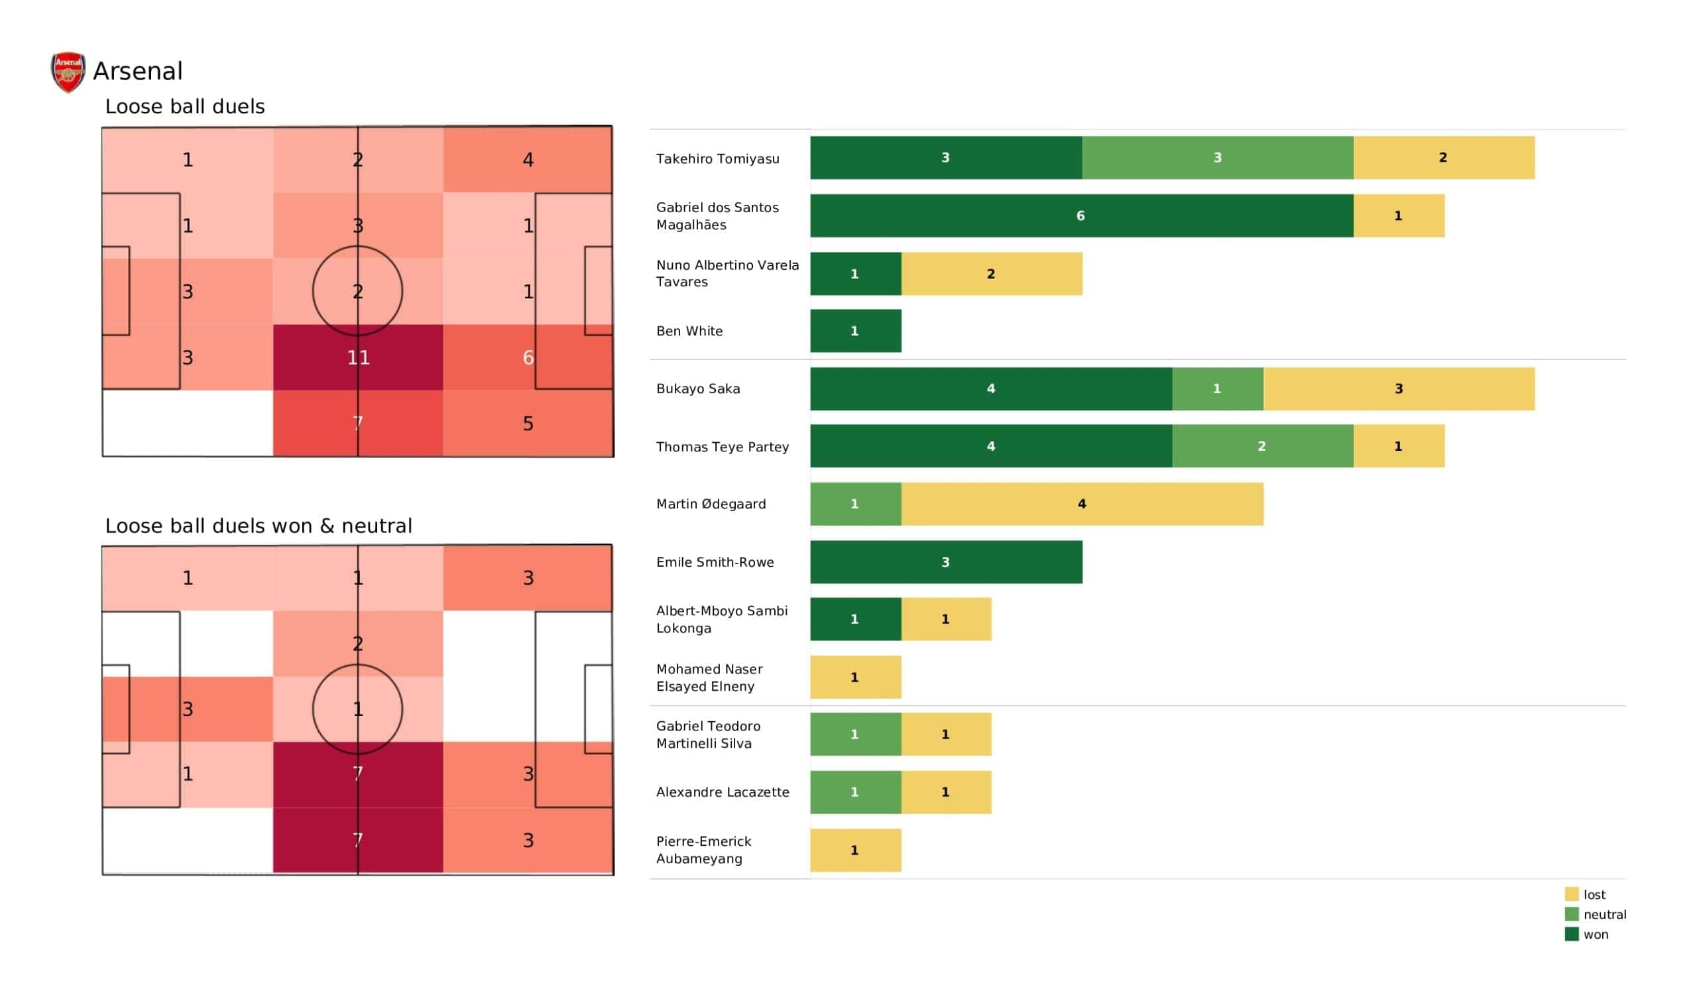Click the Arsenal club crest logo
tap(68, 72)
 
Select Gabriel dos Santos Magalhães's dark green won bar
tap(1081, 215)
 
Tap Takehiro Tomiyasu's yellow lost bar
tap(1443, 158)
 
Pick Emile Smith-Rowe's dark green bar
tap(945, 562)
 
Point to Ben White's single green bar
tap(855, 331)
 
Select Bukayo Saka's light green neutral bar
tap(1217, 388)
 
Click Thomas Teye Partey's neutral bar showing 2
tap(1262, 446)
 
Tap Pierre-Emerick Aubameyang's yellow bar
tap(855, 850)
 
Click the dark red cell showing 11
tap(357, 358)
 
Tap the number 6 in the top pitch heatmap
tap(528, 358)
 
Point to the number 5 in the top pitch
tap(528, 424)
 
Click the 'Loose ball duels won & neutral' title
tap(259, 526)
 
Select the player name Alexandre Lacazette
tap(723, 792)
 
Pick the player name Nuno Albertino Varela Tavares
tap(727, 274)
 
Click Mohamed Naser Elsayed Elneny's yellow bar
tap(855, 677)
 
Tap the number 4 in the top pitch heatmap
tap(528, 160)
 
